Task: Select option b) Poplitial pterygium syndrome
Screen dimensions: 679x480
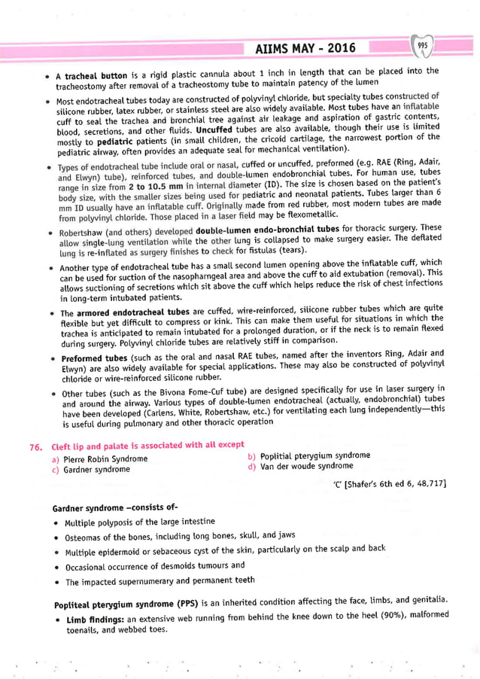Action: tap(313, 455)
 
